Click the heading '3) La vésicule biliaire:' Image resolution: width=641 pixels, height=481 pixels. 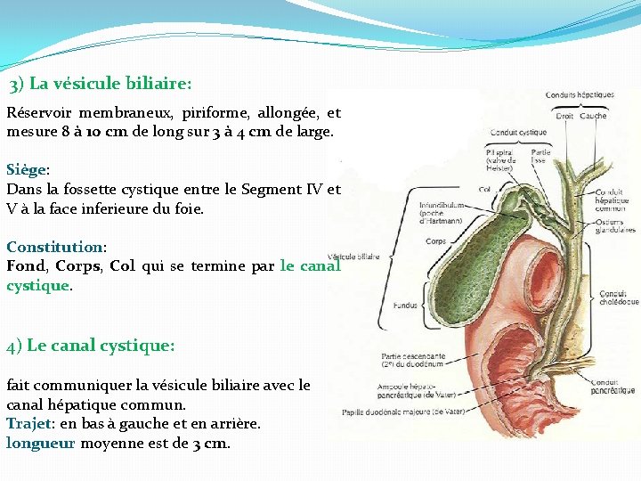point(101,85)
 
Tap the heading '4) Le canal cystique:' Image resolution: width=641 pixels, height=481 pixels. point(91,346)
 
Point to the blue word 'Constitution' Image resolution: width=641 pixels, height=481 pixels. point(54,247)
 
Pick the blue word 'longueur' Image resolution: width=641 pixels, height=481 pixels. point(41,443)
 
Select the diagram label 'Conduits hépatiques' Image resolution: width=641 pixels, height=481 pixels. point(580,95)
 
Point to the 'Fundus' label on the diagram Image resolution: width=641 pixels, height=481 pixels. point(405,305)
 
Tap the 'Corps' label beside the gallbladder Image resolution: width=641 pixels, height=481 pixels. point(435,241)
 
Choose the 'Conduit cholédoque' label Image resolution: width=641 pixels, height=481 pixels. point(619,298)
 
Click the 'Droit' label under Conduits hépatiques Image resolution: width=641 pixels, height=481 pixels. point(564,116)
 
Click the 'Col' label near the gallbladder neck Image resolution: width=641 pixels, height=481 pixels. point(484,189)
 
